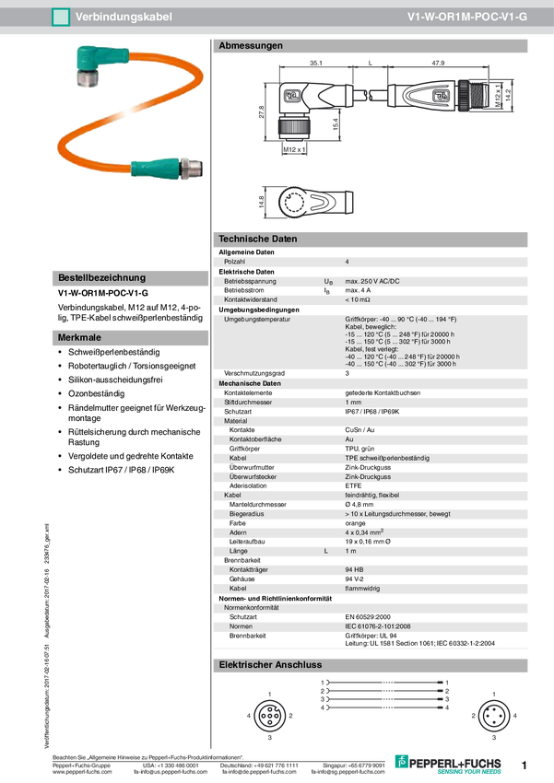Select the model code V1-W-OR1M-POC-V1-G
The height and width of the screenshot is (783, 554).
[x=467, y=18]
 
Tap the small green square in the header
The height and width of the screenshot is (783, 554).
[x=61, y=18]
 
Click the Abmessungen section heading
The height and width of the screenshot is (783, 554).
[x=250, y=45]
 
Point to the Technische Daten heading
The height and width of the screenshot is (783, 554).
[x=257, y=239]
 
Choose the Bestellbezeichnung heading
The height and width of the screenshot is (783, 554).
[x=101, y=277]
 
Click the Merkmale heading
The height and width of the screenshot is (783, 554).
[x=79, y=338]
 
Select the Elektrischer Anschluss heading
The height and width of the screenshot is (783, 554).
[x=269, y=665]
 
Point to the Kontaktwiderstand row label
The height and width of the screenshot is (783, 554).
[x=251, y=299]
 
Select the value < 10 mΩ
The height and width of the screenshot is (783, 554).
[x=358, y=299]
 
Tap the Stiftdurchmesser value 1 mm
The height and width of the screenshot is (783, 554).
[x=353, y=402]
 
